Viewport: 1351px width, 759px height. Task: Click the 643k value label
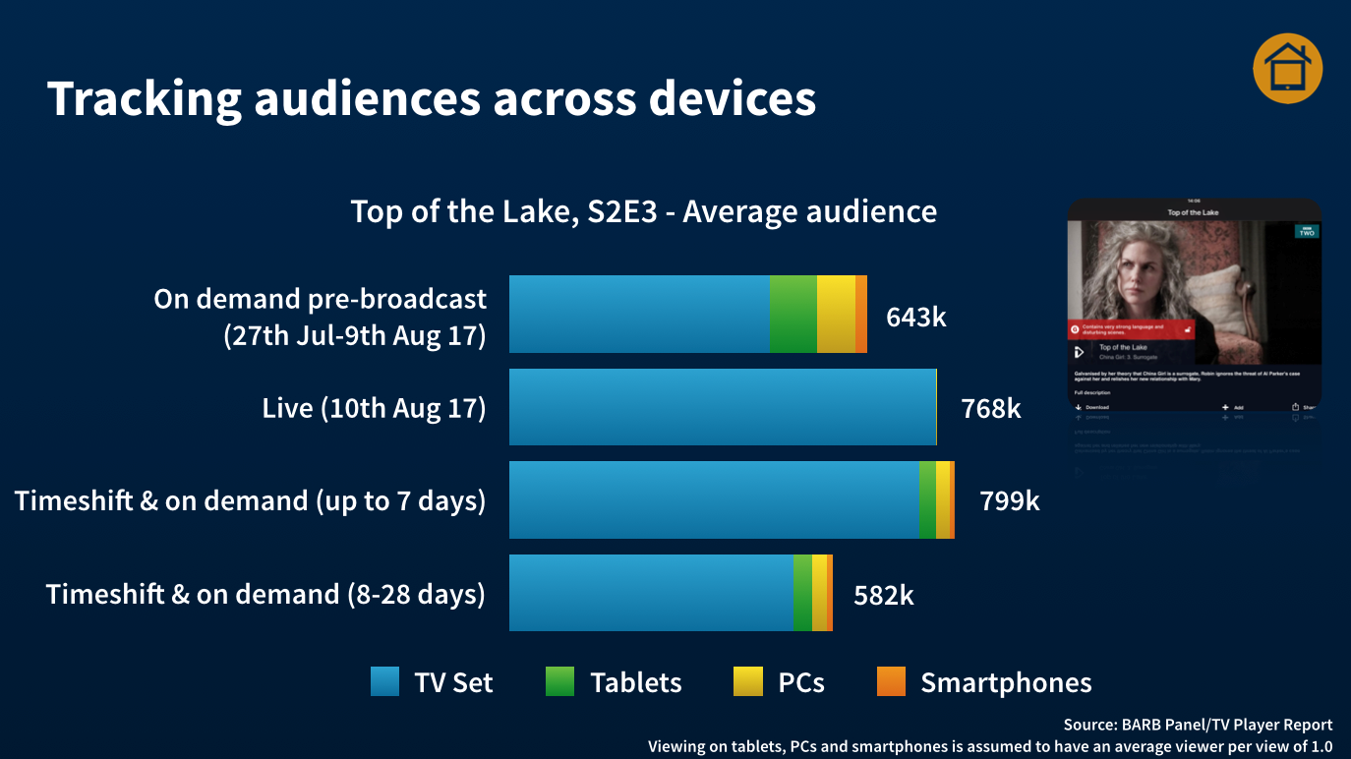point(915,317)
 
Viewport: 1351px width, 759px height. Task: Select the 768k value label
point(991,408)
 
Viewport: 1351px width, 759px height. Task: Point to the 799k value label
point(1009,500)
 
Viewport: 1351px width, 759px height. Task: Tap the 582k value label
point(883,594)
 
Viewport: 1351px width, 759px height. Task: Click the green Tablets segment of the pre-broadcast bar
point(793,314)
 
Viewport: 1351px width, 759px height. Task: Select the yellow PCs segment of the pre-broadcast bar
point(836,314)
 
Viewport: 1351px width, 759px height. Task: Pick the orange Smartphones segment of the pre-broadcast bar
point(861,314)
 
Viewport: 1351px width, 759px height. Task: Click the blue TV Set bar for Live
point(722,407)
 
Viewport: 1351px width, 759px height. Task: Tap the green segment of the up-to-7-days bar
point(927,499)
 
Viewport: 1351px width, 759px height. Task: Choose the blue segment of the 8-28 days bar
point(651,593)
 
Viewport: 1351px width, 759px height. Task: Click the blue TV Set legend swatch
point(385,681)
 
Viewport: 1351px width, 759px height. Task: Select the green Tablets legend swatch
point(559,681)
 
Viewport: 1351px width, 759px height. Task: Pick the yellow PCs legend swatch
point(747,681)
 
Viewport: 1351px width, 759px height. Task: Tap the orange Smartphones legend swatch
point(891,681)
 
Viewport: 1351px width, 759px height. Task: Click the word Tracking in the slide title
point(144,98)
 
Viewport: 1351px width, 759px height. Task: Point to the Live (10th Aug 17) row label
point(374,408)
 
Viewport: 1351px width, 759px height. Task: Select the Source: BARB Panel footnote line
point(1198,725)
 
